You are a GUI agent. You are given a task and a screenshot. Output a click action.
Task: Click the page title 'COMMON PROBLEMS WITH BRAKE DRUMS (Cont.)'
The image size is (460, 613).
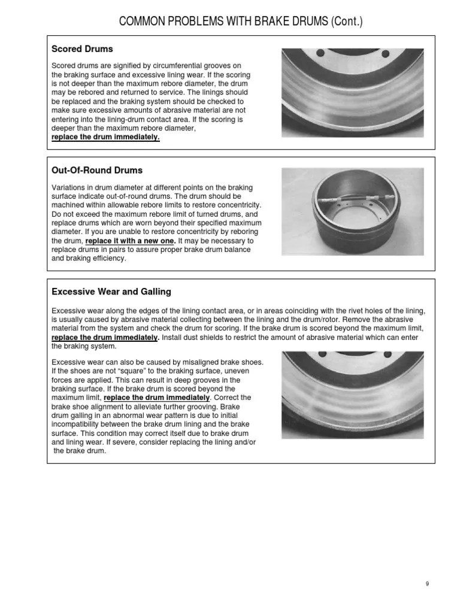coord(241,22)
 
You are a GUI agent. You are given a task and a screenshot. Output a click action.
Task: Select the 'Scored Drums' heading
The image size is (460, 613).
coord(82,48)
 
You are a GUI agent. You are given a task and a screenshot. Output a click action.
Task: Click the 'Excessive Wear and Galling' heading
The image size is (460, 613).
coord(111,292)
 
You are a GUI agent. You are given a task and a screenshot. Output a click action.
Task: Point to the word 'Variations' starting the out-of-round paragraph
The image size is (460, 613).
coord(67,187)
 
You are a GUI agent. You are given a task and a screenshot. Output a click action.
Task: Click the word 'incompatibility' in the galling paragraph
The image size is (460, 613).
coord(80,424)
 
